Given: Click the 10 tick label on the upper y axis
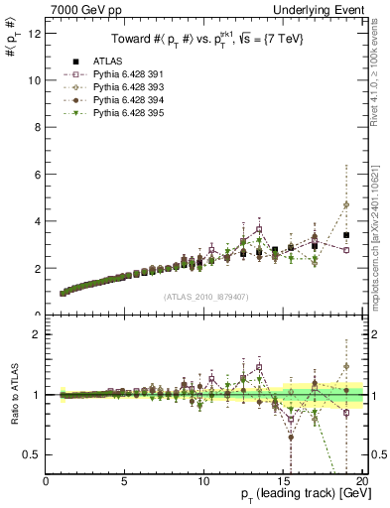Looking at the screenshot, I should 35,79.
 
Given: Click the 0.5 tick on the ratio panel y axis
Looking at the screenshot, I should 33,454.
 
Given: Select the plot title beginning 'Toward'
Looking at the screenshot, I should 205,38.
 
